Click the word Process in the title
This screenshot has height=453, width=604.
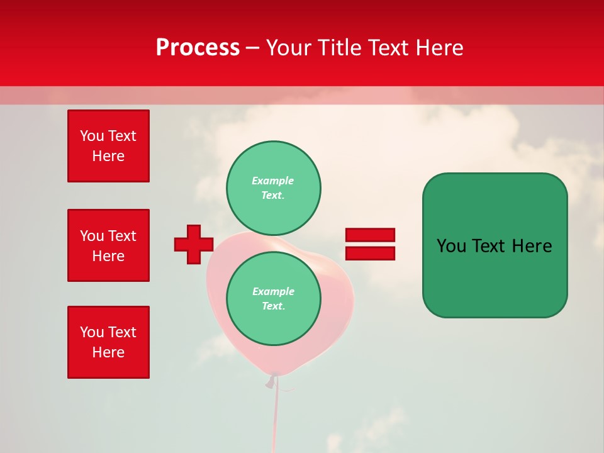[198, 47]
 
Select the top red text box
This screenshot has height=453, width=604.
[108, 146]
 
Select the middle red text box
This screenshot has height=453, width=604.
[108, 245]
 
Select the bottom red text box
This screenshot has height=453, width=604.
[108, 342]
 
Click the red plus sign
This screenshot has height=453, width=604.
[193, 244]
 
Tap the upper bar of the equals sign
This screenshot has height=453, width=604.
[370, 235]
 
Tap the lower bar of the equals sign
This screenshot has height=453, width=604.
[370, 254]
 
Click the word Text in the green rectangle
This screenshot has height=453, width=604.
[491, 246]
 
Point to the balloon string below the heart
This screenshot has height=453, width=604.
[275, 415]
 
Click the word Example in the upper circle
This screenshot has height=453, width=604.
[272, 181]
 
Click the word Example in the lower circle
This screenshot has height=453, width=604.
[273, 291]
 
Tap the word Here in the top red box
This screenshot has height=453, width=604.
[108, 156]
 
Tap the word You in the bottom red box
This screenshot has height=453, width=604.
[91, 332]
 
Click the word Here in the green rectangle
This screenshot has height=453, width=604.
[532, 246]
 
